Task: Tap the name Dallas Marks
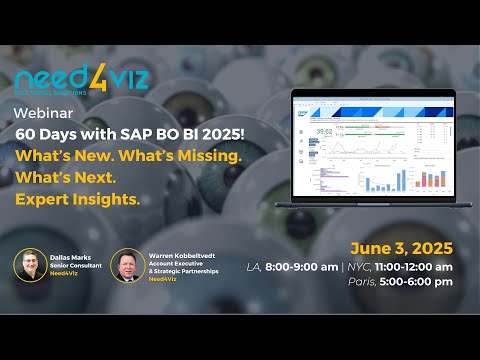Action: coord(69,255)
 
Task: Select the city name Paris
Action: coord(357,283)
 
